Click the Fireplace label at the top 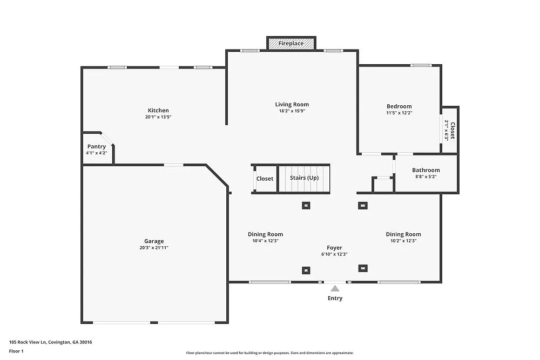click(x=291, y=43)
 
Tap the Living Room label click(x=292, y=105)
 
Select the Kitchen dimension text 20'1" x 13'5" click(x=158, y=117)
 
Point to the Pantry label click(x=97, y=147)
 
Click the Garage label click(x=154, y=241)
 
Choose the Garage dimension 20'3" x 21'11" click(x=154, y=248)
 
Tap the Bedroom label click(x=399, y=106)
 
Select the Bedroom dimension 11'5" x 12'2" click(x=399, y=113)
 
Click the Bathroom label click(x=426, y=171)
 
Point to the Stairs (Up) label click(x=304, y=178)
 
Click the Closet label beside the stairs click(x=265, y=179)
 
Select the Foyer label click(x=334, y=248)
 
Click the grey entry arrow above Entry click(x=335, y=289)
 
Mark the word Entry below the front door click(x=335, y=298)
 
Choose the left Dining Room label click(x=265, y=234)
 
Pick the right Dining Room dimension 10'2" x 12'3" click(x=403, y=241)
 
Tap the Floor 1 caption click(x=16, y=351)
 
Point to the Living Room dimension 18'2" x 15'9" click(x=292, y=111)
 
